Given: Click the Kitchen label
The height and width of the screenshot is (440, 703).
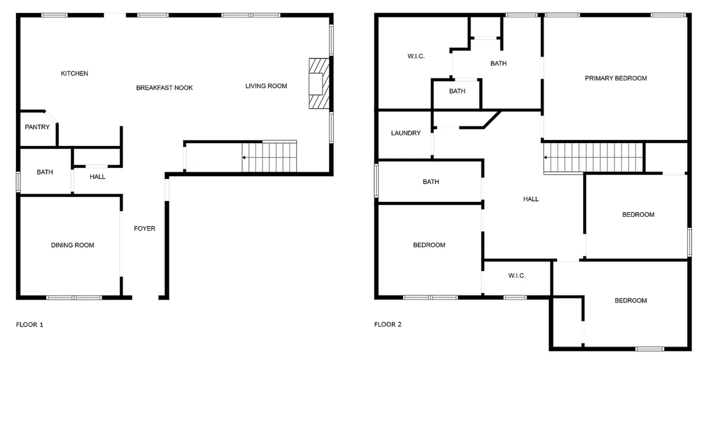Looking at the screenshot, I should point(74,74).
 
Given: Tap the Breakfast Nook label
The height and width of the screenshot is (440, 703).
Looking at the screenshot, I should point(164,88).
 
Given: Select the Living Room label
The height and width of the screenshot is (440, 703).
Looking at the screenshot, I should point(266,86).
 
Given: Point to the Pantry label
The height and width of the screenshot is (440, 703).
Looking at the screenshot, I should point(37,127).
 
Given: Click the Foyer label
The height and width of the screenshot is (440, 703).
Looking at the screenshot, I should point(144,229).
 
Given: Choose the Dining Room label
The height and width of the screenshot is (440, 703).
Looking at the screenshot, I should point(72,245).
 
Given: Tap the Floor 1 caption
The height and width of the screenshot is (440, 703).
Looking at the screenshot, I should point(30,325).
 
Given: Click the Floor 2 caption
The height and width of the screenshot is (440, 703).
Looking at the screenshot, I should point(388,324).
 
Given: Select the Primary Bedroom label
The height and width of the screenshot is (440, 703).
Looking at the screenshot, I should point(616,78).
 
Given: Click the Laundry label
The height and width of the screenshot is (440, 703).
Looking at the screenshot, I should point(406,133).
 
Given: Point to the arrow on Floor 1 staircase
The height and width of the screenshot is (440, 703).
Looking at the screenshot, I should point(244,158).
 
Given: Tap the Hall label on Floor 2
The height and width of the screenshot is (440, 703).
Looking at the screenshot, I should point(531,199).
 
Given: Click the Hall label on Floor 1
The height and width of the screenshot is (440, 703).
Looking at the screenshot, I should point(97,177).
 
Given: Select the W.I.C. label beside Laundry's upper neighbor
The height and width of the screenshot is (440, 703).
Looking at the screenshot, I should point(416,57).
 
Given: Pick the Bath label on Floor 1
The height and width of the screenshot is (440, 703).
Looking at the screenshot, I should point(45,172).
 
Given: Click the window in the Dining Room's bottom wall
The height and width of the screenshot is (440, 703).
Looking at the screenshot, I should point(74,297).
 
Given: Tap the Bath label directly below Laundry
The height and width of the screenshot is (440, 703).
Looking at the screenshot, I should point(431,182).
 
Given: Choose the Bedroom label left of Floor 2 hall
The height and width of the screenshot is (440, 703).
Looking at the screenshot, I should point(429,245).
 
